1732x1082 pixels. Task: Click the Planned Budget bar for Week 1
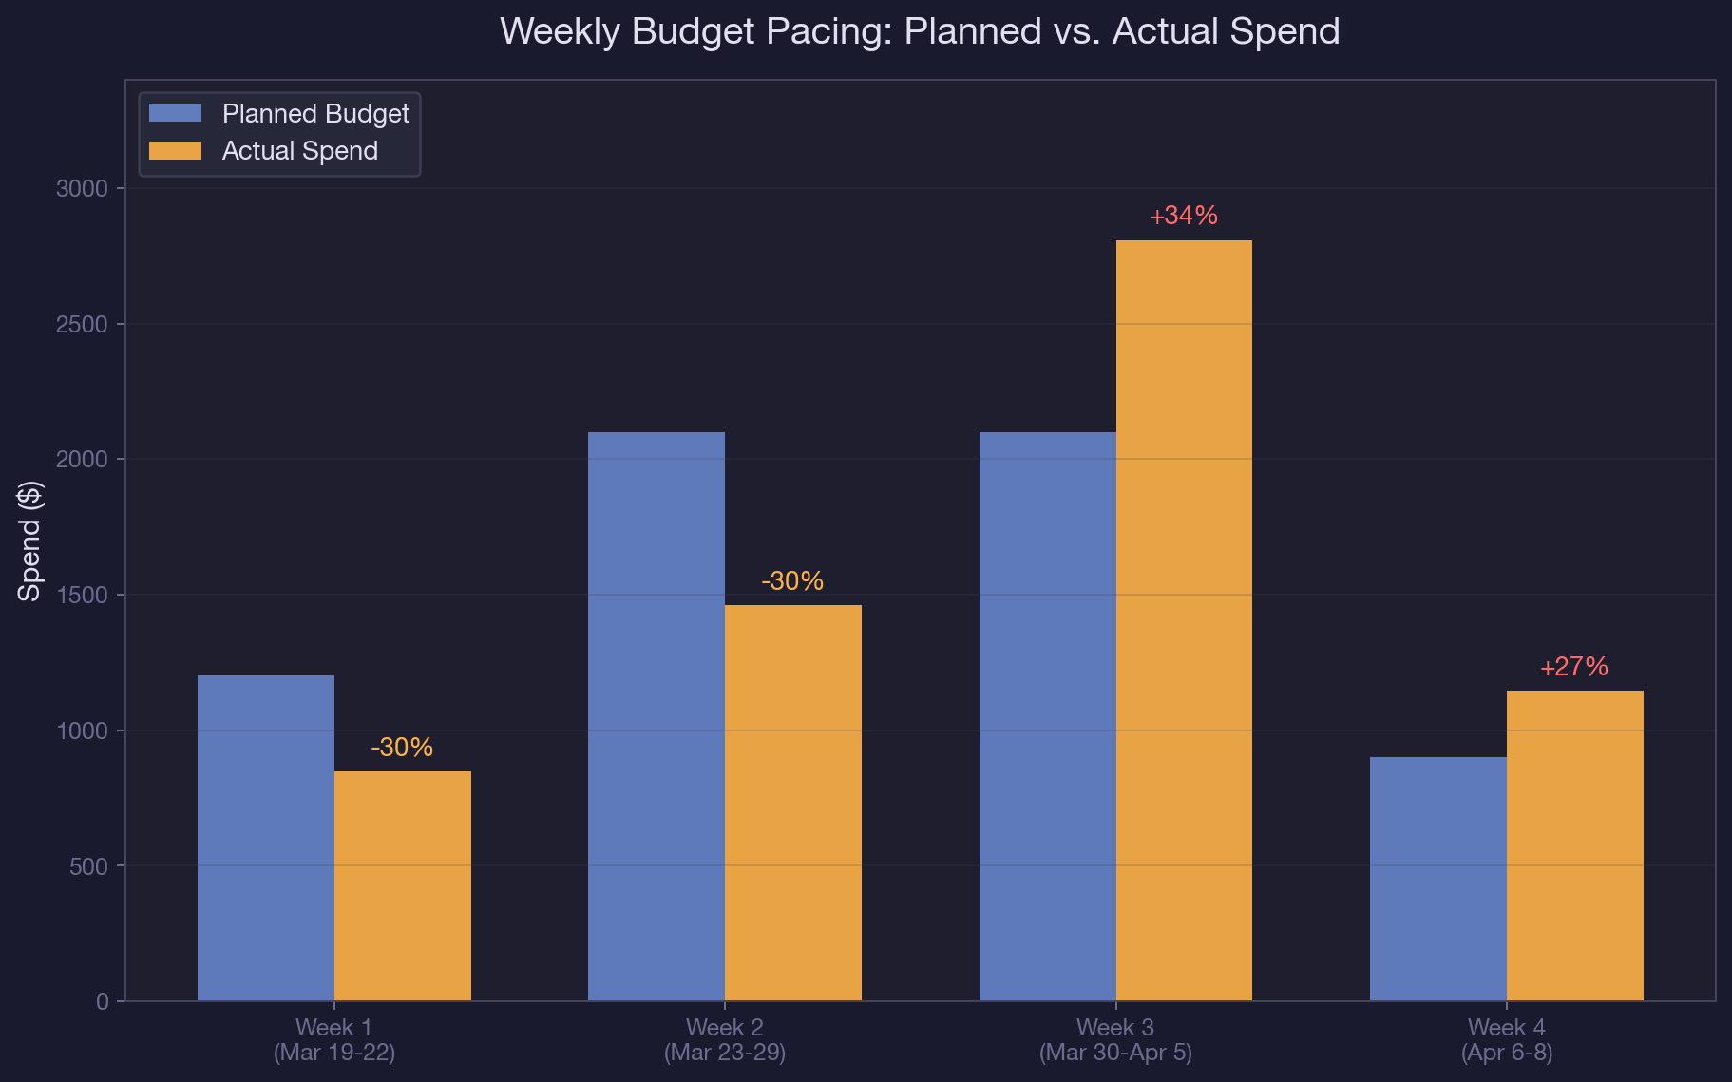266,838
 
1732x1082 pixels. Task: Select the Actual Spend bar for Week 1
403,885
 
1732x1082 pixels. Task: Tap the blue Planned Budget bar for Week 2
657,716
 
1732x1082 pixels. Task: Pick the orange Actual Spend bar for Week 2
793,803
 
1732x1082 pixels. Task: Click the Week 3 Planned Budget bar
1047,716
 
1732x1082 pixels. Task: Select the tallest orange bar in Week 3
1184,620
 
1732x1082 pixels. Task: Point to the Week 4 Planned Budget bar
1437,879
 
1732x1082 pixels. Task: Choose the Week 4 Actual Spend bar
1574,845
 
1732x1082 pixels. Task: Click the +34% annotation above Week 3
1184,216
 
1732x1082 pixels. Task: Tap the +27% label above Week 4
1574,667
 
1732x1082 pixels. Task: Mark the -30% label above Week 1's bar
403,748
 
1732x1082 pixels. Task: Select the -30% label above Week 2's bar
793,581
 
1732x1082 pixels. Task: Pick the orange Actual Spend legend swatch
176,151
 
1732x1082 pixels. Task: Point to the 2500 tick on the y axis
83,324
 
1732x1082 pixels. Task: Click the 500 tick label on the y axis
88,866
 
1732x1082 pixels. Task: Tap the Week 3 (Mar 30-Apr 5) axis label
1115,1040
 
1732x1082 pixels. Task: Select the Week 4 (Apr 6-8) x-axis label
1506,1040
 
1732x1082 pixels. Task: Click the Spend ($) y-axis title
30,541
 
